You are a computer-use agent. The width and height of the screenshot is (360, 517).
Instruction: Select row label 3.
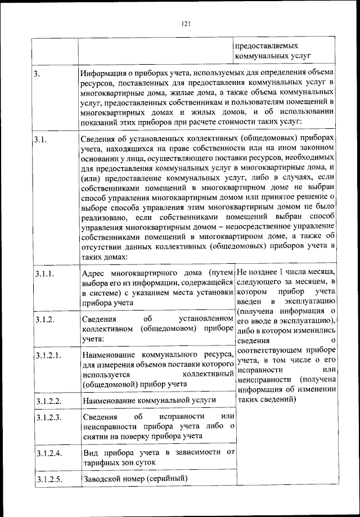[37, 74]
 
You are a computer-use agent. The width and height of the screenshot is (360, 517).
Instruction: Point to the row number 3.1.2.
[43, 320]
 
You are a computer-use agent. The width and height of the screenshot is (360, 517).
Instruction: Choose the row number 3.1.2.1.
[47, 356]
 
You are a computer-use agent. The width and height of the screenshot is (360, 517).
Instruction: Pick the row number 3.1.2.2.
[47, 401]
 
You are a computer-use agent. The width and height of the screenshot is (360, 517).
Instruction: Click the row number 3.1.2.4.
[47, 453]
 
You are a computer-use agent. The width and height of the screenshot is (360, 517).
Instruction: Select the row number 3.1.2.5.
[47, 479]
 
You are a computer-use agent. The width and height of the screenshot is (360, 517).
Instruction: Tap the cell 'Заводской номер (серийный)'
[134, 479]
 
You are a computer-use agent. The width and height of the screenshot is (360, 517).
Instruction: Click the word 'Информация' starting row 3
[102, 74]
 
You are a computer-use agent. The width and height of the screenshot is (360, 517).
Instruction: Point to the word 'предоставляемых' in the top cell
[266, 46]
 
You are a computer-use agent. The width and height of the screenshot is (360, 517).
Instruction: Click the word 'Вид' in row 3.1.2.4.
[89, 452]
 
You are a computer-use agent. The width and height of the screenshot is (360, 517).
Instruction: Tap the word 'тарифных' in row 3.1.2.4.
[99, 462]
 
